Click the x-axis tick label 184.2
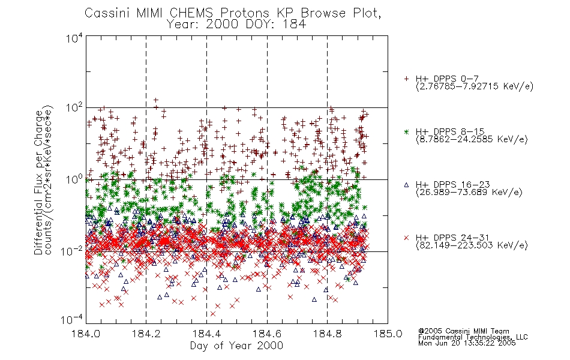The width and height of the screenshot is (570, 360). coord(146,334)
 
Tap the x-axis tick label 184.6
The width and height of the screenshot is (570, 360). coord(267,334)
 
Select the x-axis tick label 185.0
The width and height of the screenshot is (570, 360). coord(388,334)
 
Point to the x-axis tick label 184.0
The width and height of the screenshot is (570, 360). coord(86,334)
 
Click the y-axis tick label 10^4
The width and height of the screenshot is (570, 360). coord(74,38)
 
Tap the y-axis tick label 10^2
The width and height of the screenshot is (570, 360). coord(74,107)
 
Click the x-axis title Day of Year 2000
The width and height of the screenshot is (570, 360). coord(236,346)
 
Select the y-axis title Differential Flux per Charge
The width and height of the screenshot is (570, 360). coord(39,182)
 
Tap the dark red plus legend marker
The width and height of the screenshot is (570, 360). coord(406,79)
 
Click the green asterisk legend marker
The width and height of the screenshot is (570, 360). coord(406,132)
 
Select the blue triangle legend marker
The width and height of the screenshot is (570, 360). coord(406,185)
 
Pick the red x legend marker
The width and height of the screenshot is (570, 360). coord(406,238)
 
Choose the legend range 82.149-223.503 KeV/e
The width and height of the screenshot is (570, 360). coord(472,245)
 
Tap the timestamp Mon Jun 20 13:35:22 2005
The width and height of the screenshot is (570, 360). coord(467,343)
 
